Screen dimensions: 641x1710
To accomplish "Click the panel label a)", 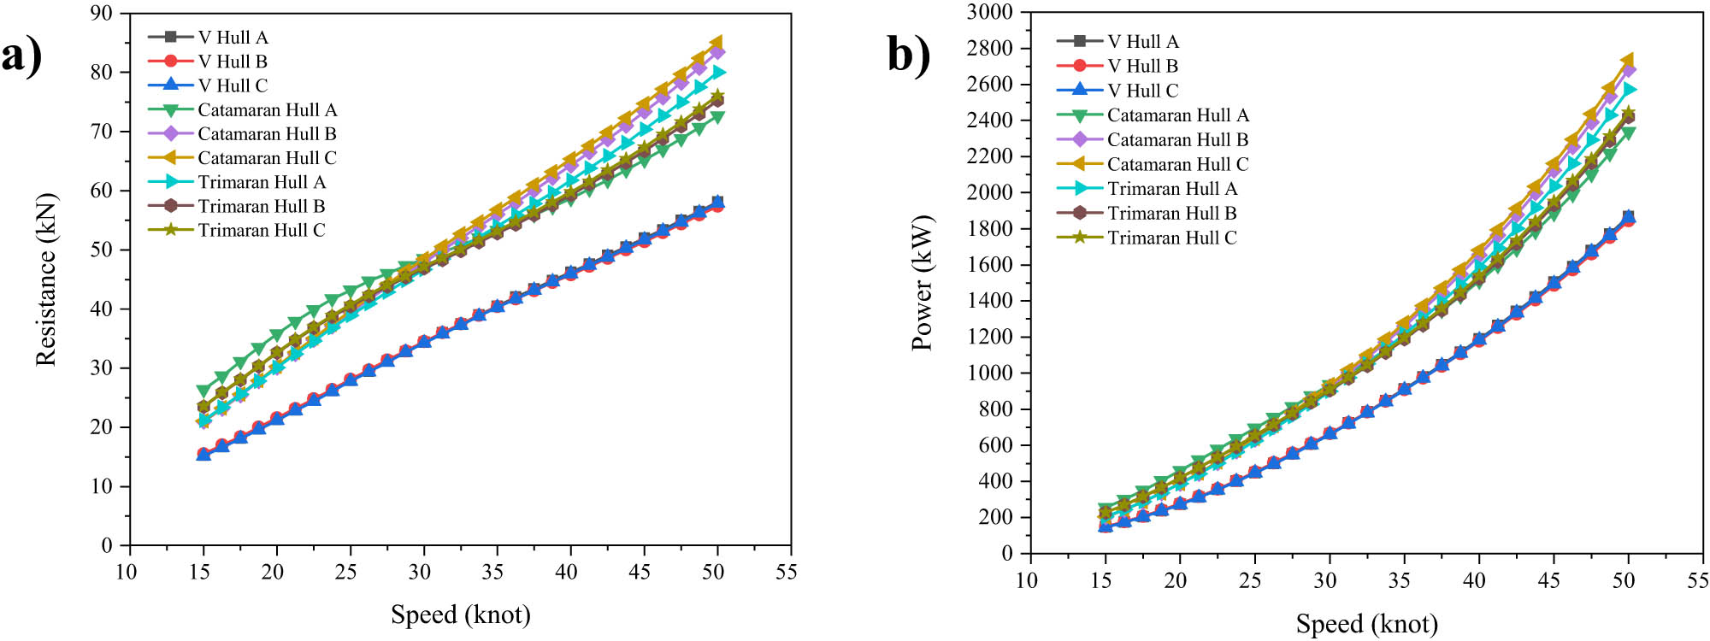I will (x=21, y=57).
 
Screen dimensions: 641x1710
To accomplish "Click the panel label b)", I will (x=908, y=55).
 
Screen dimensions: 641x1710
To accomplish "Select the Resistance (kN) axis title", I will (x=46, y=279).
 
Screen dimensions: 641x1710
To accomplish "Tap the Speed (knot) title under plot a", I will (x=460, y=615).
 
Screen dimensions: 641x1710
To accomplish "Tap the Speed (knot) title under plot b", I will (x=1366, y=624).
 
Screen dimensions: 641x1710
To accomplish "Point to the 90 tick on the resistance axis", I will (x=101, y=14).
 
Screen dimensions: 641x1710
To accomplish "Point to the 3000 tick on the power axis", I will (x=989, y=12).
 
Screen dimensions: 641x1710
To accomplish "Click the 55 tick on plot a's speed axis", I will (x=786, y=572).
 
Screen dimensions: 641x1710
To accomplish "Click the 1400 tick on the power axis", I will (x=989, y=301).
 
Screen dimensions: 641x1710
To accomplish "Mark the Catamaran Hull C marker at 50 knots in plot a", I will (x=716, y=42).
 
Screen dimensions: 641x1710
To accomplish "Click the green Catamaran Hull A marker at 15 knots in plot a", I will (x=203, y=391).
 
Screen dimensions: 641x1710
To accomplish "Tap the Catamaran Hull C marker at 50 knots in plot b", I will (x=1627, y=61).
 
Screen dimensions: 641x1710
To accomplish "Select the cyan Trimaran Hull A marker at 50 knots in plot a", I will (x=718, y=73).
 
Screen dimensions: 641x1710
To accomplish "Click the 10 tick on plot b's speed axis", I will (x=1027, y=580).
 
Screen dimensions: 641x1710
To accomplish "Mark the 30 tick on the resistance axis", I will (x=101, y=368).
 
